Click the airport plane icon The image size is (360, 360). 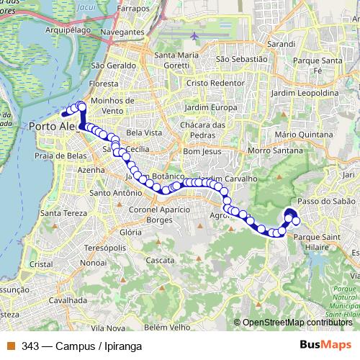(194, 35)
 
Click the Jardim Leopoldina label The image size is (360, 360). (305, 94)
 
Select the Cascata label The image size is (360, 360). (159, 259)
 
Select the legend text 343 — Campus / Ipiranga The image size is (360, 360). (81, 346)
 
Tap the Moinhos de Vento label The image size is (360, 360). (109, 104)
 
